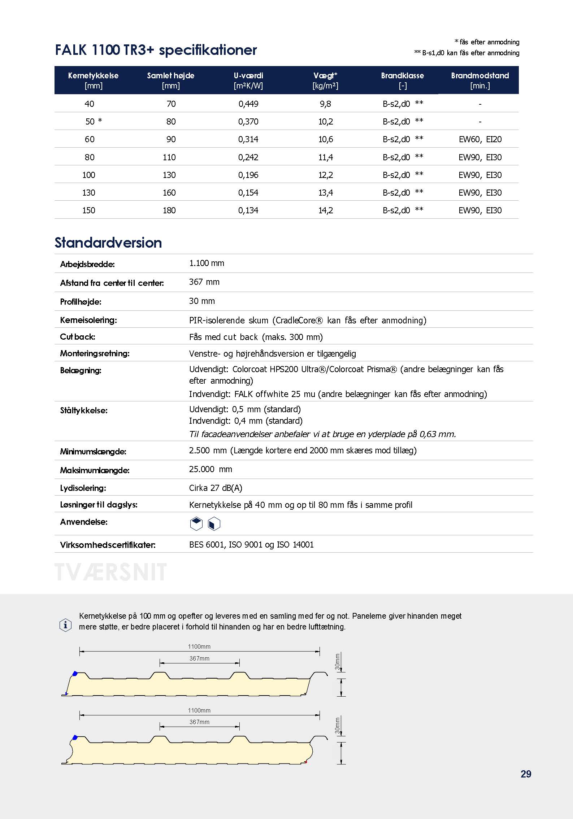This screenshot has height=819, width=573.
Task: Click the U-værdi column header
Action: tap(248, 80)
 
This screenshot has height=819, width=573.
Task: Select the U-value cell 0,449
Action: tap(248, 104)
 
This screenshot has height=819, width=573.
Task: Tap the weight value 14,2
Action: tap(326, 210)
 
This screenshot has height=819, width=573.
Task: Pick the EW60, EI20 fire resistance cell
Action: tap(480, 139)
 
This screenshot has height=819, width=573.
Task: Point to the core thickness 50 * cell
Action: tap(94, 122)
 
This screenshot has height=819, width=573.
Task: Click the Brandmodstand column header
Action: tap(480, 80)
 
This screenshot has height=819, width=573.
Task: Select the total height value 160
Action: tap(169, 193)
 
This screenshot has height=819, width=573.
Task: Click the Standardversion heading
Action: tap(108, 243)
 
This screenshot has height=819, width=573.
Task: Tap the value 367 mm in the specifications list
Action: tap(204, 282)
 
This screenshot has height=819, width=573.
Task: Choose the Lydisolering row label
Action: tap(83, 488)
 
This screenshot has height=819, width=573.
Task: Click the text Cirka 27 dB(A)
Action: tap(216, 488)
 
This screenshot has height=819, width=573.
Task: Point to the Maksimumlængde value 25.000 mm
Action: tap(210, 469)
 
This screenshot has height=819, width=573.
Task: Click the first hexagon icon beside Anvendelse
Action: tap(196, 524)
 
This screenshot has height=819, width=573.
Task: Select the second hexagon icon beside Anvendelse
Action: tap(214, 524)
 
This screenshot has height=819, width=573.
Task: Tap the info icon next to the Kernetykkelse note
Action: tap(65, 625)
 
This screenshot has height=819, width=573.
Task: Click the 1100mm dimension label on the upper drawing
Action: tap(199, 646)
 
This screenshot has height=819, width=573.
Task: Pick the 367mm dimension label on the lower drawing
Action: tap(199, 722)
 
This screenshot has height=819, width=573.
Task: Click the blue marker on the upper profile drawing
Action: tap(75, 673)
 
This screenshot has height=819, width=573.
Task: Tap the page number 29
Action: tap(526, 774)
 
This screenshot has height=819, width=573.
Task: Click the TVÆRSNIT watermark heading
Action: tap(110, 572)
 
